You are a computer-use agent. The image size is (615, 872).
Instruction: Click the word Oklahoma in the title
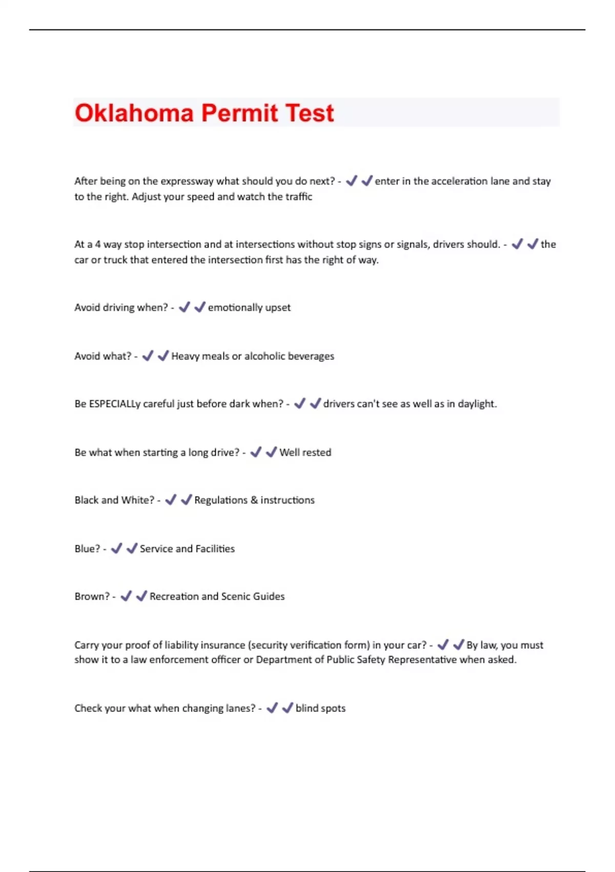pos(134,113)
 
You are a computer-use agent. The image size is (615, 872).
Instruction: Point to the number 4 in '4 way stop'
pos(97,244)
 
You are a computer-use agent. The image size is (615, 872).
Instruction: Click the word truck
pos(115,260)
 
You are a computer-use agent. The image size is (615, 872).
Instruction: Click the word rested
pos(318,452)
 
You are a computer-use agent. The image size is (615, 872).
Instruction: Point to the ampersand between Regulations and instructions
pos(254,500)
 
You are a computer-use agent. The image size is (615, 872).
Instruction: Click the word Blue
pos(87,549)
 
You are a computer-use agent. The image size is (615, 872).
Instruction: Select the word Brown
pos(92,597)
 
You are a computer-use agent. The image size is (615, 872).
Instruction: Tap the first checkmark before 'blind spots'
pos(272,708)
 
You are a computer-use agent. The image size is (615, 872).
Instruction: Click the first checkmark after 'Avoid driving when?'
pos(184,307)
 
